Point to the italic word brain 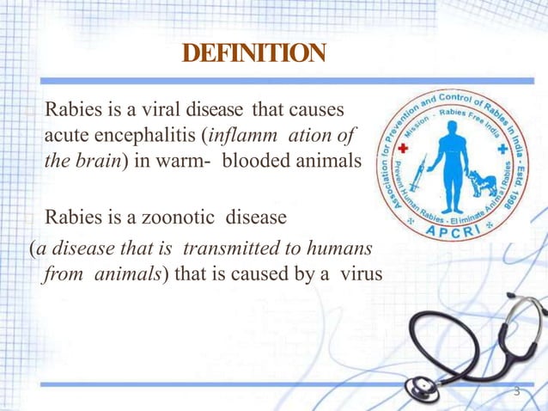(x=104, y=161)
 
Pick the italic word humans (x=343, y=249)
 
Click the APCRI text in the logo (x=451, y=230)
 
